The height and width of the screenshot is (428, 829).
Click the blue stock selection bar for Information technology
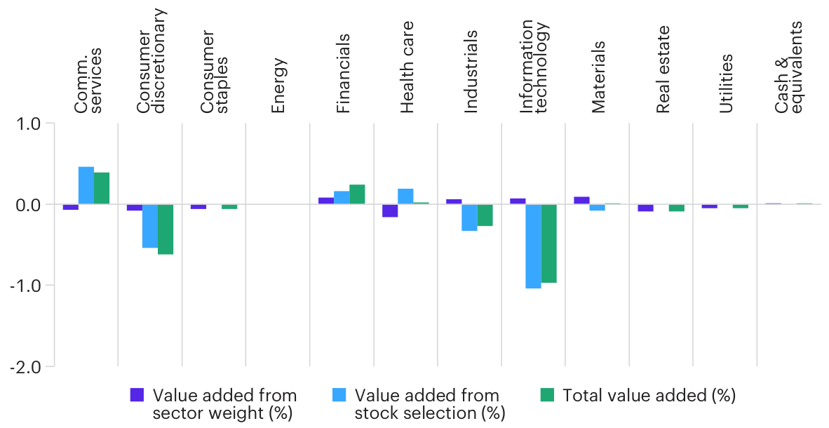point(533,246)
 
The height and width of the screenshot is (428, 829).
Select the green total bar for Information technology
point(548,243)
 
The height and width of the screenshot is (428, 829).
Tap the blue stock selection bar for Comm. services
point(86,186)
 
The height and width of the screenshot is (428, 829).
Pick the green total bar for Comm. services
point(102,188)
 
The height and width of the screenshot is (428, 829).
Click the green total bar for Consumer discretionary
point(166,229)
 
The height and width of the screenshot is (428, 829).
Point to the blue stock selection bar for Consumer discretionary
point(150,226)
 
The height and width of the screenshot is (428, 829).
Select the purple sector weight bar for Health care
point(390,210)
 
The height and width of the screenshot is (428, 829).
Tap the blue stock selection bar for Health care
point(405,196)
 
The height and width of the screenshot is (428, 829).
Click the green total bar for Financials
point(357,194)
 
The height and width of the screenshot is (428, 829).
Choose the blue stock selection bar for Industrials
point(469,218)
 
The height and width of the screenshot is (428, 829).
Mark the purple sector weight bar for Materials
point(581,201)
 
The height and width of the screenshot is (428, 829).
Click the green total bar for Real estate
point(676,208)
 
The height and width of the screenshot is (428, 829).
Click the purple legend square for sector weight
point(137,396)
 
